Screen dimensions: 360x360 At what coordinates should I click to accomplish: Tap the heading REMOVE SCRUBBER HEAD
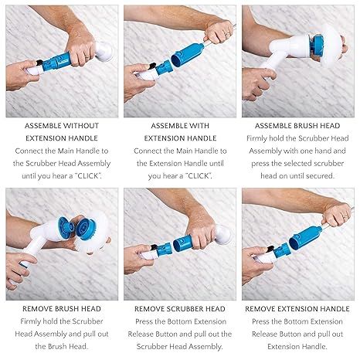[180, 308]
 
